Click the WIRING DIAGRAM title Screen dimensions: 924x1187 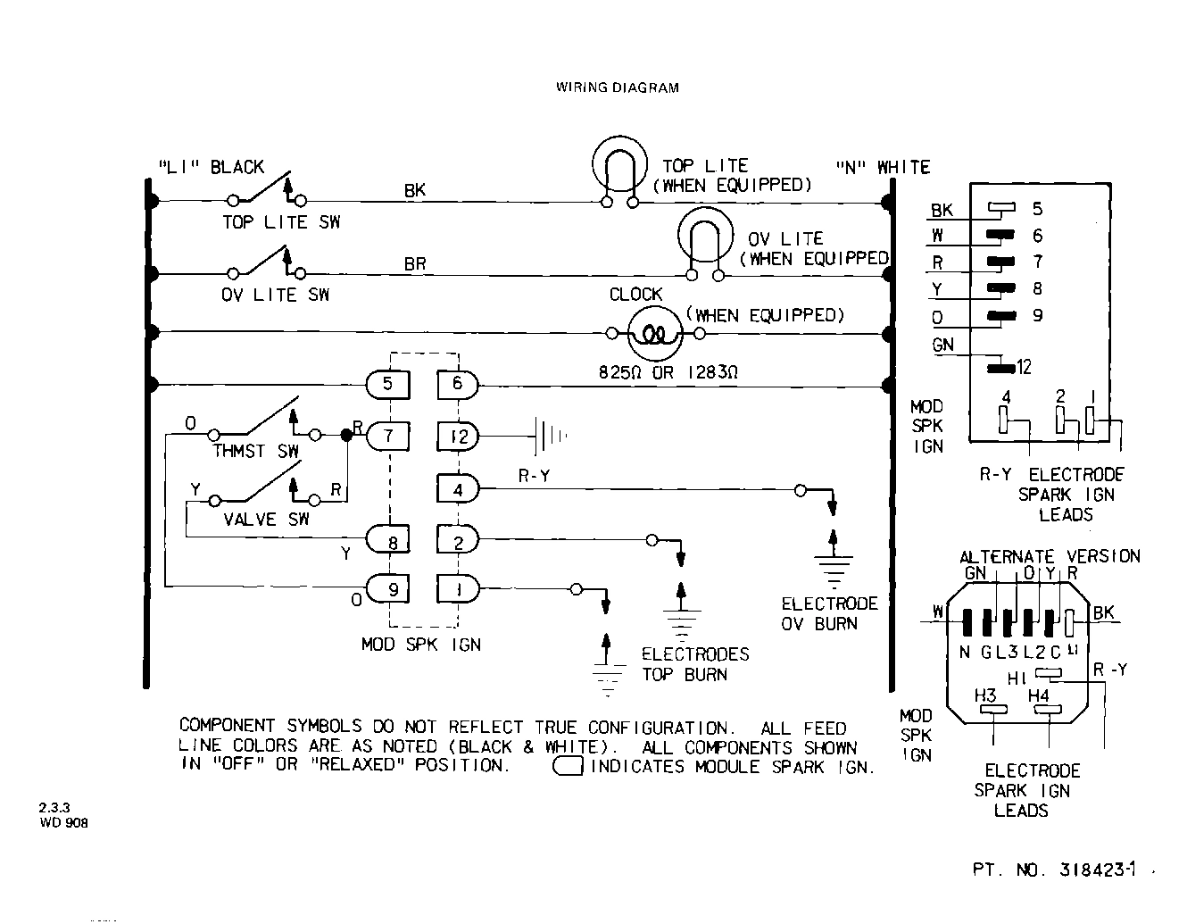(x=617, y=87)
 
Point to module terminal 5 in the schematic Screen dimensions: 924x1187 (x=388, y=385)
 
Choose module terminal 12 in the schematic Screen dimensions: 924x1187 (x=458, y=437)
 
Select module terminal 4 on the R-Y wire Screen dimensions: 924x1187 (x=458, y=489)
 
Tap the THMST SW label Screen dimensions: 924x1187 (x=255, y=452)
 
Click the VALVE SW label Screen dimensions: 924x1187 (x=266, y=520)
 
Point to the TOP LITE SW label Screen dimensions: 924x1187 (x=281, y=222)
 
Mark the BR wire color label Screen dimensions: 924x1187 (x=415, y=264)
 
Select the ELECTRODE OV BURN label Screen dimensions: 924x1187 (x=829, y=614)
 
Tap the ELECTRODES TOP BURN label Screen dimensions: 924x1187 (x=695, y=664)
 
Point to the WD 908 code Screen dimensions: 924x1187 (x=63, y=823)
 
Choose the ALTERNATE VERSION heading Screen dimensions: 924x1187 (x=1050, y=556)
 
